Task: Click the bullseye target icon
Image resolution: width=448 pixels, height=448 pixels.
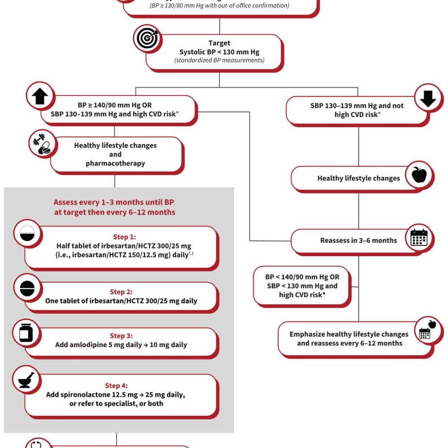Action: [x=147, y=39]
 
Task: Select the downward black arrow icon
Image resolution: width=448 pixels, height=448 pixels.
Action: [x=428, y=98]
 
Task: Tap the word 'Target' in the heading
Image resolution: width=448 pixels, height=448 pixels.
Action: [x=219, y=43]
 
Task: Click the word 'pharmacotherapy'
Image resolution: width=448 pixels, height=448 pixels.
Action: [x=116, y=164]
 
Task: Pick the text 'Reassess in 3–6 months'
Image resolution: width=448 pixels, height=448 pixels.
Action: [x=358, y=241]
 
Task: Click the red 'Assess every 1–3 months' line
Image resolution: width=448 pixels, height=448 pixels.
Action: [x=114, y=202]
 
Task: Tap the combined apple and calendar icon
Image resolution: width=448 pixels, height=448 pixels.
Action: [x=427, y=330]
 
